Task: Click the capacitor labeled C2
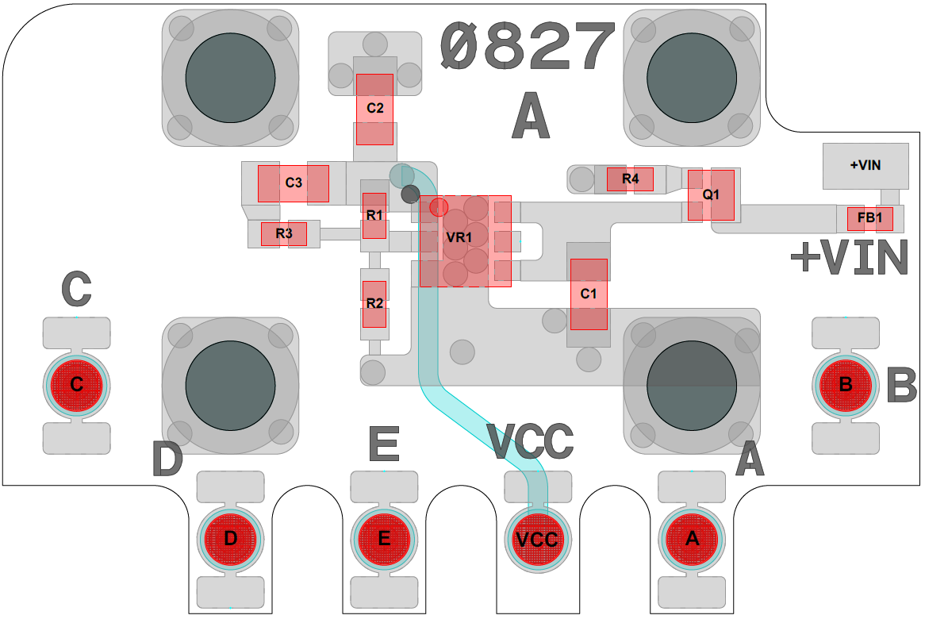[374, 109]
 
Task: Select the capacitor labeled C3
[293, 183]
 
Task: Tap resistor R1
[374, 215]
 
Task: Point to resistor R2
[374, 304]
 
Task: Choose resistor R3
[284, 234]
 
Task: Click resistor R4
[630, 179]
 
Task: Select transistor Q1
[711, 194]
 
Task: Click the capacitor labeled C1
[589, 294]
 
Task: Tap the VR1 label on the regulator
[459, 237]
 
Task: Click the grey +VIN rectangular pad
[866, 166]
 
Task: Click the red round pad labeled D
[230, 539]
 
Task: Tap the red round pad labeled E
[384, 539]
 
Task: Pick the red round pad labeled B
[846, 385]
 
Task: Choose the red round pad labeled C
[76, 385]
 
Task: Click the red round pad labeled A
[692, 539]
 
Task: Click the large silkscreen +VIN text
[849, 259]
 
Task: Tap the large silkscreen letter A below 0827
[531, 117]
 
